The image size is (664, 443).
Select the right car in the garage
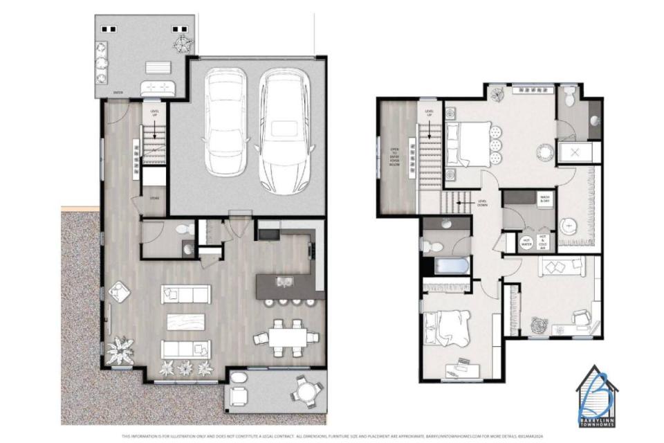pos(284,130)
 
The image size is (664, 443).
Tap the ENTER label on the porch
pos(120,91)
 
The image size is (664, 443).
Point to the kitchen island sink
pos(284,281)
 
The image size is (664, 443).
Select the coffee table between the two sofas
pos(185,321)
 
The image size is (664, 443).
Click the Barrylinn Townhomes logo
pos(596,395)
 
